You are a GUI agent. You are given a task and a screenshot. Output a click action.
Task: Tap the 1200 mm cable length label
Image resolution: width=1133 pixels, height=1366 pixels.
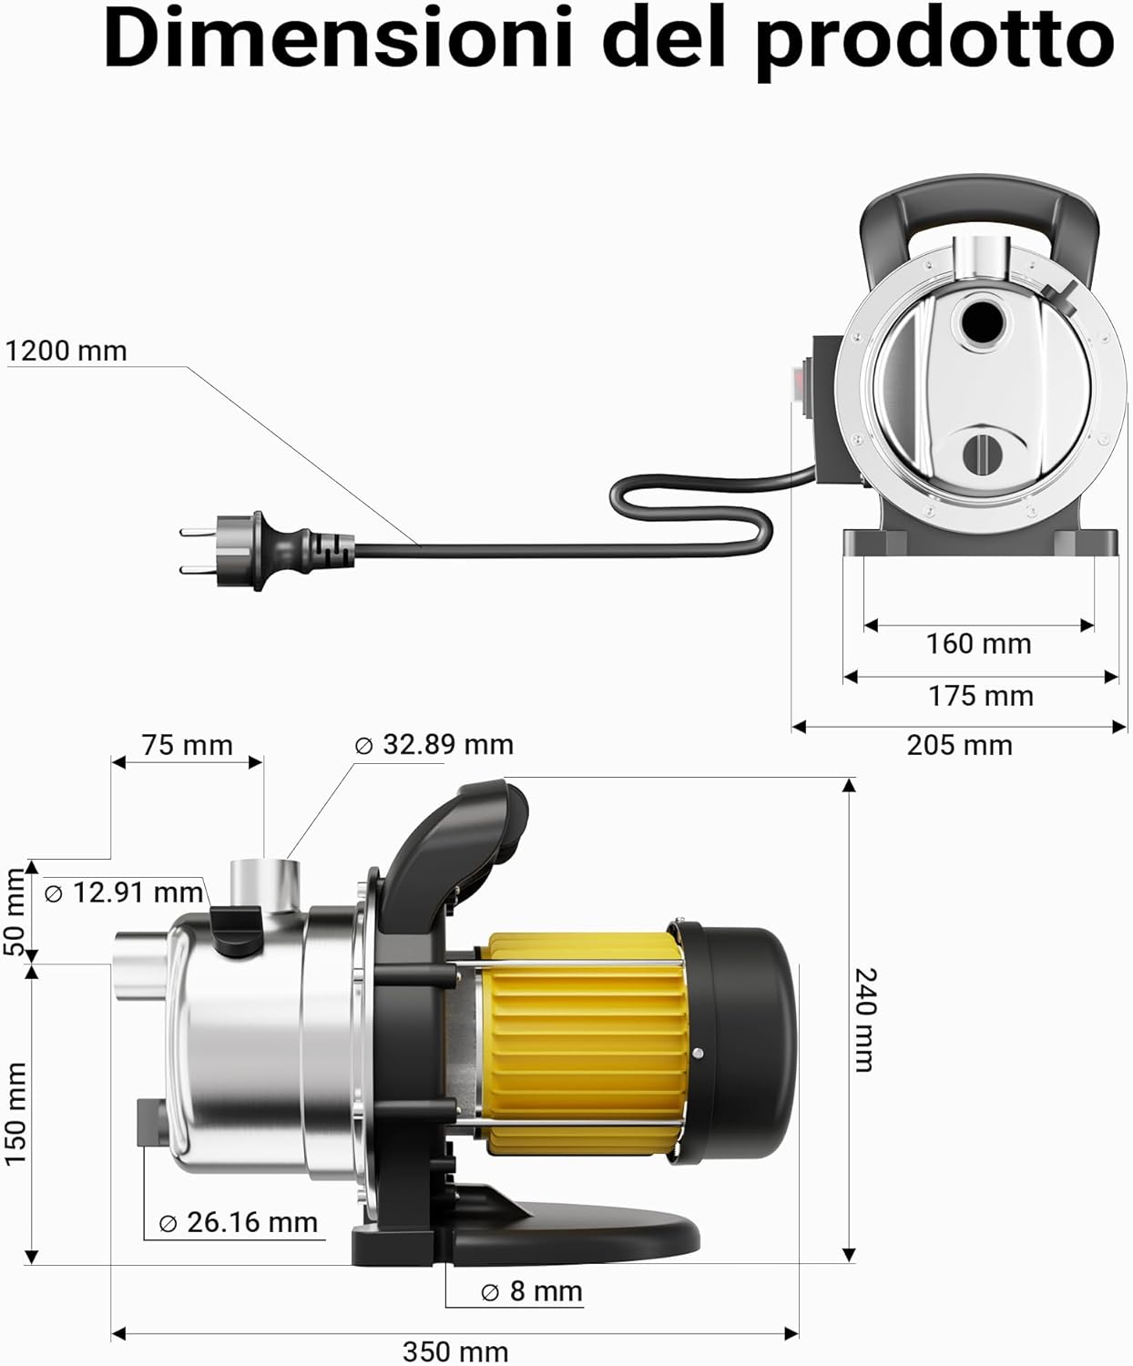coord(66,351)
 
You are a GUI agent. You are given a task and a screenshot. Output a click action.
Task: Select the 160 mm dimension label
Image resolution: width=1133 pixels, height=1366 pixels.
coord(978,644)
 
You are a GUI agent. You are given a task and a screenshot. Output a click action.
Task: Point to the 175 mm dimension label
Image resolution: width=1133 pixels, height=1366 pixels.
coord(980,696)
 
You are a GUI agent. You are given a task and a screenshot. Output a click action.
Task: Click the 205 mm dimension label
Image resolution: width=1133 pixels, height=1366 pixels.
coord(959,745)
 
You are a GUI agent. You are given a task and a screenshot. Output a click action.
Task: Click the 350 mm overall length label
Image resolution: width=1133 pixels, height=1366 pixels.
coord(455,1351)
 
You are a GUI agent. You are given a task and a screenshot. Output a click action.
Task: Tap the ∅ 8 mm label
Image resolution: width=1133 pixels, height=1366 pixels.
coord(531,1291)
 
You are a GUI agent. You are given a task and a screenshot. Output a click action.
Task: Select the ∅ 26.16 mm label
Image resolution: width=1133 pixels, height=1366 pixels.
coord(239,1222)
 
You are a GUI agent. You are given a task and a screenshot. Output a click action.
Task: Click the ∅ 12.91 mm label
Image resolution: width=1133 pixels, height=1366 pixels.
coord(124,892)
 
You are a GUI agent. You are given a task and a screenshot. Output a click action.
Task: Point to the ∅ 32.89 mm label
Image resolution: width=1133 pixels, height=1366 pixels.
coord(434,744)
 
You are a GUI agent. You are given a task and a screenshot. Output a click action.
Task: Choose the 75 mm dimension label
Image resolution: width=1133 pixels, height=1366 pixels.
coord(187,745)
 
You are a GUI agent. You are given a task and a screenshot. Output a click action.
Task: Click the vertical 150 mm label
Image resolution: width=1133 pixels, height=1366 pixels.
coord(16,1113)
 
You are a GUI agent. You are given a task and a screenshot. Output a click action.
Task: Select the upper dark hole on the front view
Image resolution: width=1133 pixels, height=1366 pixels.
coord(980,322)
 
